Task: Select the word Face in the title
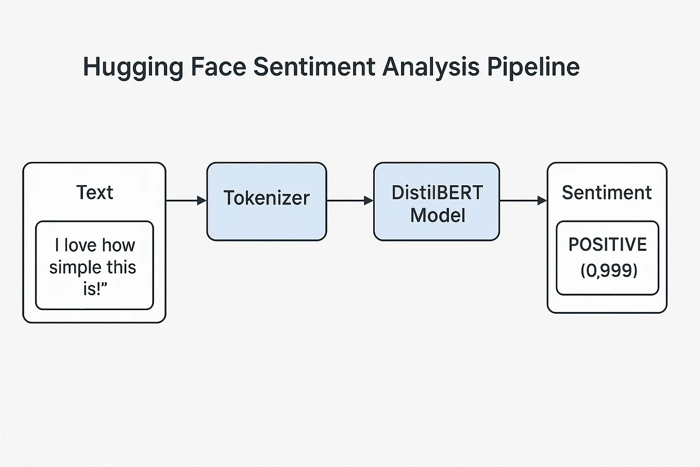click(x=218, y=67)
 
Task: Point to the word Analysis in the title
click(x=430, y=68)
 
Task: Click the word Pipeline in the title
click(x=533, y=68)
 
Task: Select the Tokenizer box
click(x=266, y=202)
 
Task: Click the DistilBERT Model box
click(x=436, y=202)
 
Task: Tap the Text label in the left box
click(x=94, y=192)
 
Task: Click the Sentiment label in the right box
click(x=606, y=192)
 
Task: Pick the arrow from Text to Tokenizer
click(x=186, y=200)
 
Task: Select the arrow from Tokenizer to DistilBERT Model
click(x=349, y=200)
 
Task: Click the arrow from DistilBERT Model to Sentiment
click(x=523, y=200)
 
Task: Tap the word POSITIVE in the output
click(x=607, y=245)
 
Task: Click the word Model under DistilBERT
click(x=438, y=216)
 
